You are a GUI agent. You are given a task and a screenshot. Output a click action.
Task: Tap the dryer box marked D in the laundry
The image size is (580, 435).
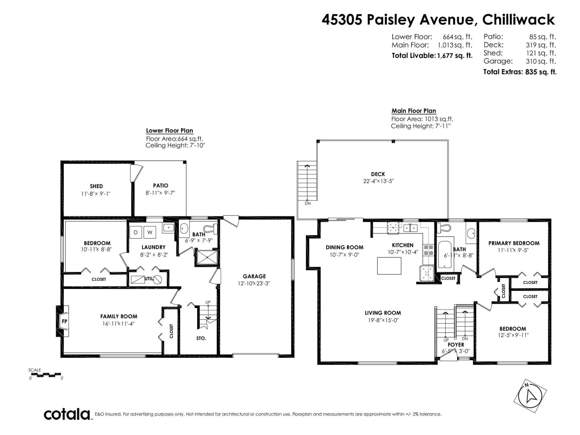pos(136,232)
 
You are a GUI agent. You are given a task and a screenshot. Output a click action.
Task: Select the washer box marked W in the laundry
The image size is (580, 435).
pos(149,232)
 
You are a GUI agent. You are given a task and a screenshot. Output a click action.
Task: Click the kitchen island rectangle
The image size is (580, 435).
pos(389,266)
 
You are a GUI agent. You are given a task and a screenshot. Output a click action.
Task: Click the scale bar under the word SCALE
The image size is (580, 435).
pos(45,374)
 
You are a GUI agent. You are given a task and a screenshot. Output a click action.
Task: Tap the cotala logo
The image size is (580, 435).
pos(67,414)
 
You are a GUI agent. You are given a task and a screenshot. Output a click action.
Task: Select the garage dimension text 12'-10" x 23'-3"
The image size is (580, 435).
pos(254,283)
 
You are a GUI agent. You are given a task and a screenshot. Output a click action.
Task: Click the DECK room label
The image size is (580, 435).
pos(378,174)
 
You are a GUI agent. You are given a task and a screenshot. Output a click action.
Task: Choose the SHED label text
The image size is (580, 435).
pos(96,186)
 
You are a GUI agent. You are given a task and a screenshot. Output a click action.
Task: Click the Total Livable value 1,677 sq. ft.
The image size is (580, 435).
pos(455,55)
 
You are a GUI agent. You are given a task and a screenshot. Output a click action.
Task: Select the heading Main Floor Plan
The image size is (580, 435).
pos(414,111)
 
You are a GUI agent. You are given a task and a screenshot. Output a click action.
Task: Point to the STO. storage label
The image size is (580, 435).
pos(201,338)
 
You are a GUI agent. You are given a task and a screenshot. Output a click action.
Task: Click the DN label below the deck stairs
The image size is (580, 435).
pos(307,203)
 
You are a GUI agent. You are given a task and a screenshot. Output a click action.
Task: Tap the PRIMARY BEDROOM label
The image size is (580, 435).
pos(514,243)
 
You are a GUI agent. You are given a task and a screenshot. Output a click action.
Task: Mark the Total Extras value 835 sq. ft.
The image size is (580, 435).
pos(540,72)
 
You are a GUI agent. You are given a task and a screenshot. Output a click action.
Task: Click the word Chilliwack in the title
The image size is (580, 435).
pos(518,20)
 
